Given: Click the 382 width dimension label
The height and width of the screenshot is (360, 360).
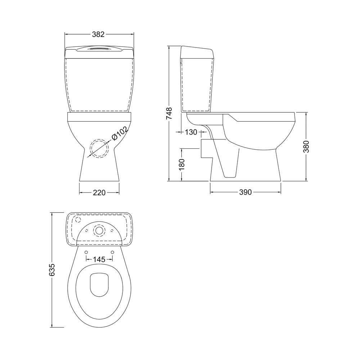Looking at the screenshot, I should [x=98, y=35].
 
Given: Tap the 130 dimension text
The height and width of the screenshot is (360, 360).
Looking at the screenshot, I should [x=191, y=132].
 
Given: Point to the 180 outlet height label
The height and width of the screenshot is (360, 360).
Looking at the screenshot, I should [x=182, y=164].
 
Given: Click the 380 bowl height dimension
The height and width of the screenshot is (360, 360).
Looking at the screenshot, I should [x=306, y=146].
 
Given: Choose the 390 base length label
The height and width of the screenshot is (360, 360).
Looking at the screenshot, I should [x=245, y=193].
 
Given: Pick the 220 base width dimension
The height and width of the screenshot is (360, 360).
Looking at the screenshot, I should [x=99, y=193].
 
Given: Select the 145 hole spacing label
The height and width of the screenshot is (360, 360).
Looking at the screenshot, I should [x=99, y=259].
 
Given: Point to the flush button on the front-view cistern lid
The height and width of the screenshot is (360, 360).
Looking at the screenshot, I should [x=99, y=48].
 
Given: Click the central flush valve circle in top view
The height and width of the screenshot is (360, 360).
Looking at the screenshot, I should [x=99, y=230].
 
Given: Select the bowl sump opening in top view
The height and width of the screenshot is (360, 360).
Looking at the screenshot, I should [x=99, y=285].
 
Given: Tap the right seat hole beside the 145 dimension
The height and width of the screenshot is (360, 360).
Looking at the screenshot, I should [x=112, y=252].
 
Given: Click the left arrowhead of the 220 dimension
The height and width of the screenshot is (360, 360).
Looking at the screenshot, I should [x=81, y=193].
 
